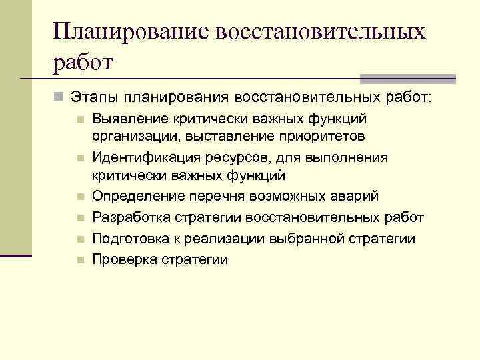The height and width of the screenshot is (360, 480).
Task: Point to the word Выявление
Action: (x=127, y=119)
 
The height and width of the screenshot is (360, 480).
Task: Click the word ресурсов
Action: (x=230, y=158)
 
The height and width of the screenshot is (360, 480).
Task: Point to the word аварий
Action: (x=355, y=197)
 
